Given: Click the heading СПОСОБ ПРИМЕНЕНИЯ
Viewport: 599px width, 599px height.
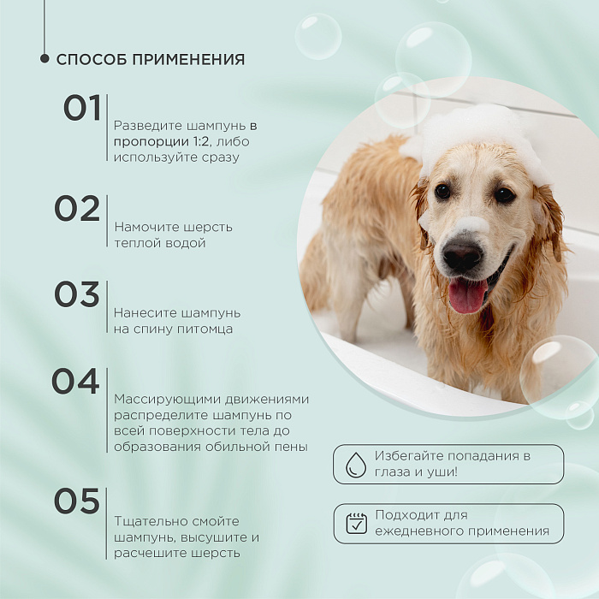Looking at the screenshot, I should (x=151, y=60).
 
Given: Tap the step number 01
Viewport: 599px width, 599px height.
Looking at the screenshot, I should (x=82, y=109).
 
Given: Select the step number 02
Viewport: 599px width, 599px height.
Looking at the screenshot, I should (x=77, y=209).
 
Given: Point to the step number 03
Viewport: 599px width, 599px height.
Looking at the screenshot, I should (x=77, y=294).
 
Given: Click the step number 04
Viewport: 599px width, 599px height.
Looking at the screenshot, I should (x=75, y=382).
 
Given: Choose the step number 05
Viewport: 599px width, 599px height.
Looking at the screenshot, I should (x=77, y=501).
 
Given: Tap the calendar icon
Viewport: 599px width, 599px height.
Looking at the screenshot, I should (x=356, y=524).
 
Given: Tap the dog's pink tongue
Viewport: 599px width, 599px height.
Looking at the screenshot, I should (x=468, y=295).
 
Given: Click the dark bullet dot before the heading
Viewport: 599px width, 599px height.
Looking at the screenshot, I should (x=44, y=59).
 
